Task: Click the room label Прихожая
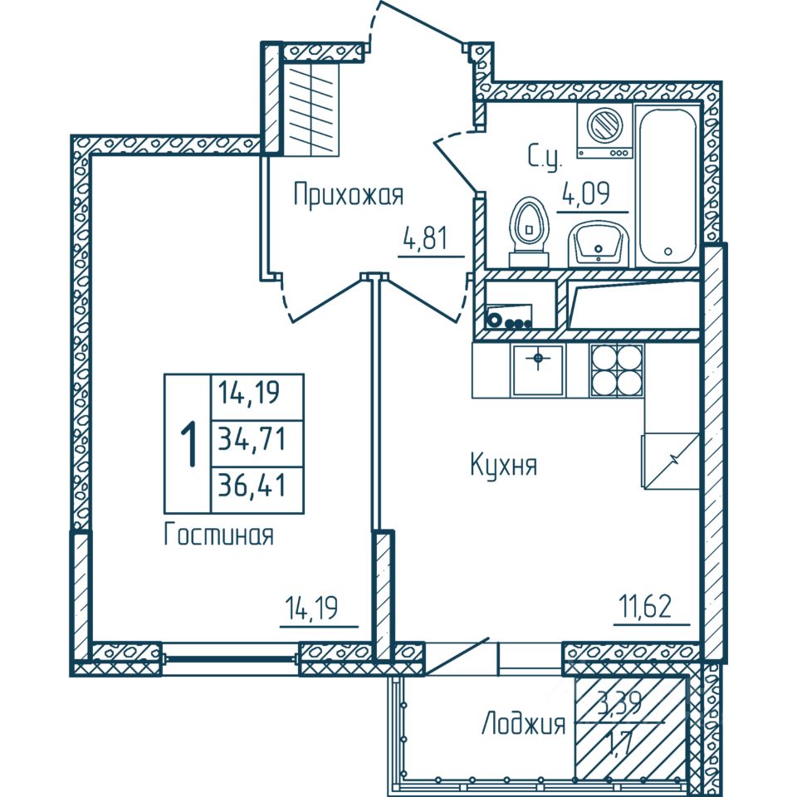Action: point(348,196)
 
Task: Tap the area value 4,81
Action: point(425,239)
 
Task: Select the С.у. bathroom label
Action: point(545,156)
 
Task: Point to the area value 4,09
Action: point(586,195)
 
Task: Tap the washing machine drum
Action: point(603,126)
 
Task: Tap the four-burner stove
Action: point(617,369)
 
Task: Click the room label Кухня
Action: point(503,466)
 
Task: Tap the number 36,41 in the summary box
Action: point(251,482)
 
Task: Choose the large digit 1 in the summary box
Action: point(189,444)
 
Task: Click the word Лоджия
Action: point(523,725)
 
